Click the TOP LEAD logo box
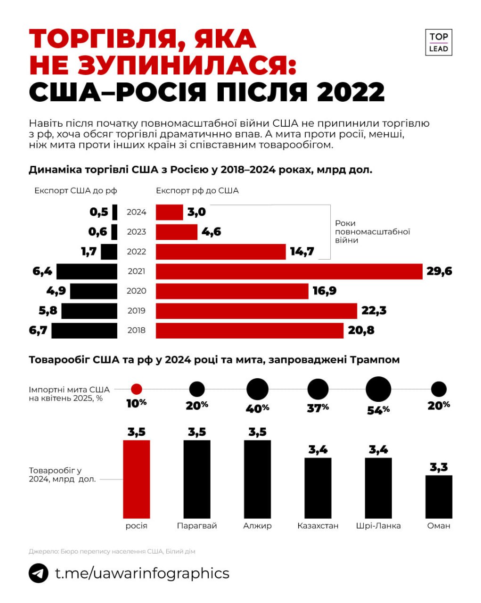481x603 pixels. click(438, 42)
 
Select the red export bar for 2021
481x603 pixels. click(289, 271)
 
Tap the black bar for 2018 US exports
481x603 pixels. click(84, 330)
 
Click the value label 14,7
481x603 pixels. click(302, 252)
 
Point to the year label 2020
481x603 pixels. click(136, 291)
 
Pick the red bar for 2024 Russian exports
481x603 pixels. click(169, 212)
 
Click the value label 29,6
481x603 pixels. click(439, 271)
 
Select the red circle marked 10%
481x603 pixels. click(136, 389)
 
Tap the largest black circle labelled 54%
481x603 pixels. click(378, 390)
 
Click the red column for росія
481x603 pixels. click(136, 479)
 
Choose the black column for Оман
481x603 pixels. click(439, 497)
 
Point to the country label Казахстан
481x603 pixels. click(318, 526)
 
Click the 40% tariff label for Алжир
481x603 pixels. click(257, 408)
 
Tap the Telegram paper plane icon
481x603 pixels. click(39, 573)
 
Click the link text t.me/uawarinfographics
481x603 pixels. click(142, 573)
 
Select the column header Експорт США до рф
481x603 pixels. click(75, 191)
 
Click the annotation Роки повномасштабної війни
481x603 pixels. click(372, 232)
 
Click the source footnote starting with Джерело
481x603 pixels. click(112, 551)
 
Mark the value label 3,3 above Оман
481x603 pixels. click(439, 467)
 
